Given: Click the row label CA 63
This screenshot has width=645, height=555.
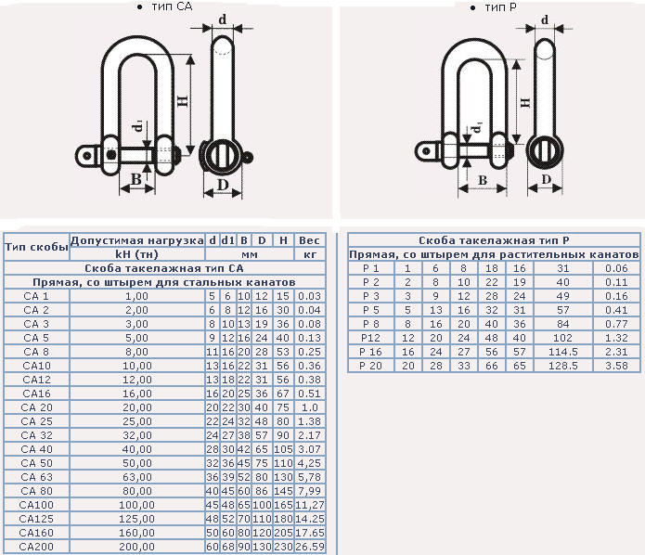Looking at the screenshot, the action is coord(36,477).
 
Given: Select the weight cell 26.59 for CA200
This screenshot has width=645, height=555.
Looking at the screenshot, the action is coord(310,547).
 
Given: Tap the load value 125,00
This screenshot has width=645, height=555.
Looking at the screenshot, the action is coord(137,519).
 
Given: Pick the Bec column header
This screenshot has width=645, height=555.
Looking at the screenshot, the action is coord(309,240).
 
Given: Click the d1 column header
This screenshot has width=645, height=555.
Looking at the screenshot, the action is coord(227,240).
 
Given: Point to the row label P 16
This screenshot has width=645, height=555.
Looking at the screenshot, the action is coord(370,352).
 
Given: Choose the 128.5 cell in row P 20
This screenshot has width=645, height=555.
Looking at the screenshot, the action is coord(563,367).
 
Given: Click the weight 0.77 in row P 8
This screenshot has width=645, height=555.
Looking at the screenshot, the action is coord(616,324).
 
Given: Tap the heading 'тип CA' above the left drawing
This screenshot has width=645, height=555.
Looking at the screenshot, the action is coord(172,6).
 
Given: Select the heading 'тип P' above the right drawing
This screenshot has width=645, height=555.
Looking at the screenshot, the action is coord(500,7).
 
